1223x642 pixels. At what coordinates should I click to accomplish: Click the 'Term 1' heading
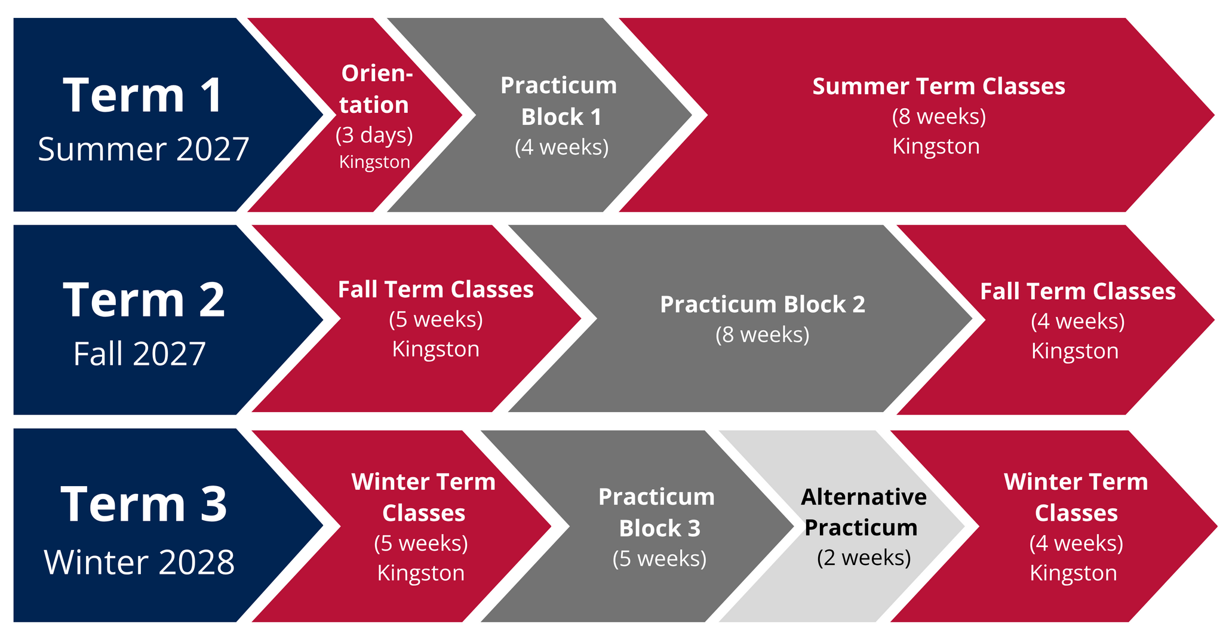[143, 96]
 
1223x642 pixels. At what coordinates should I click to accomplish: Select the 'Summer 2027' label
[143, 149]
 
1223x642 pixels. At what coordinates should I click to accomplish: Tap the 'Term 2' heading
[144, 300]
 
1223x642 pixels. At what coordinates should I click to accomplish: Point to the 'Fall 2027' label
[139, 354]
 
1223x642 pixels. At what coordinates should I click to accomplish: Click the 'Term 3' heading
[144, 505]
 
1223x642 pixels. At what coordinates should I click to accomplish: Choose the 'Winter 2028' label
[139, 563]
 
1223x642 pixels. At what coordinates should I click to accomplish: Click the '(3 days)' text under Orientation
[374, 135]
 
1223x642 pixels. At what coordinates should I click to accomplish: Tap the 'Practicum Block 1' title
[559, 101]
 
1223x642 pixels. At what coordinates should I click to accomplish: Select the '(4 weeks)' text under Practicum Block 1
[562, 147]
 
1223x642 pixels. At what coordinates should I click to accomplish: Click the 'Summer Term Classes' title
[939, 86]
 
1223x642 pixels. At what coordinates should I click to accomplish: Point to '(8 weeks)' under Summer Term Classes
[939, 116]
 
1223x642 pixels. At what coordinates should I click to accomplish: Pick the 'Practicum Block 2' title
[763, 304]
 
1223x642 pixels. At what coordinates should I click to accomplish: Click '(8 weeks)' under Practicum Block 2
[763, 334]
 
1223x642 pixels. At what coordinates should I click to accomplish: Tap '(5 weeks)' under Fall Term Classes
[436, 320]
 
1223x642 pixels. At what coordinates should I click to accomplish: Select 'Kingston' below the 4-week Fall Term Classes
[1075, 351]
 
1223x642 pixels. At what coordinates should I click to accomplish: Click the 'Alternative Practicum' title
[864, 512]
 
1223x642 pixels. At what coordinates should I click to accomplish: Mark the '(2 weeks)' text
[864, 558]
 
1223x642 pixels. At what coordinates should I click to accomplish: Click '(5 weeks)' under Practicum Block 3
[660, 558]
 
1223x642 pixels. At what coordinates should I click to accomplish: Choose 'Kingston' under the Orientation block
[374, 162]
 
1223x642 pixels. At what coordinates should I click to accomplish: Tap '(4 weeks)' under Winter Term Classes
[1077, 543]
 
